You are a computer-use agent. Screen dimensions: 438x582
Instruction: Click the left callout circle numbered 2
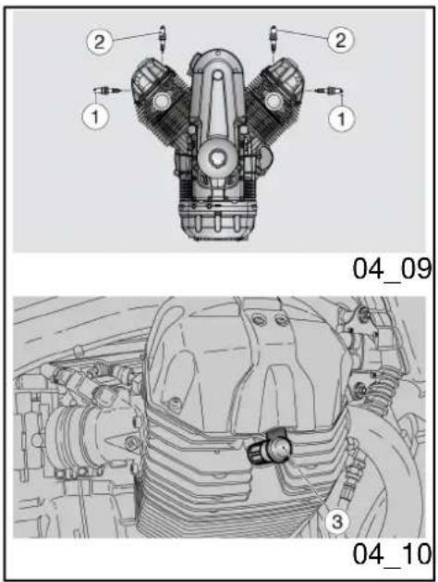pos(99,42)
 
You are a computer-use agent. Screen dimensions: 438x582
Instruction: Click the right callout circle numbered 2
pos(341,40)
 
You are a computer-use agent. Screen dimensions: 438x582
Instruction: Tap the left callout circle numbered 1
pos(95,117)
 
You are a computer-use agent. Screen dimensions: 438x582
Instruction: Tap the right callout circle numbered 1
pos(341,118)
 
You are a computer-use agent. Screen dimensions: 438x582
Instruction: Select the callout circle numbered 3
pos(337,522)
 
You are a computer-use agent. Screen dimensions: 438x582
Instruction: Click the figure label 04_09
pos(391,270)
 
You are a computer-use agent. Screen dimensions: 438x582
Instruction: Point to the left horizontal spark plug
pos(106,90)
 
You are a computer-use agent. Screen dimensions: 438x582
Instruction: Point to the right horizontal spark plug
pos(329,90)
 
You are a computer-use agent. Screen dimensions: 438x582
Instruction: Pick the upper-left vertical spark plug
pos(162,38)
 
